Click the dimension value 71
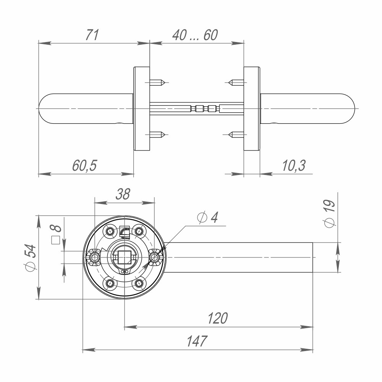[92, 35]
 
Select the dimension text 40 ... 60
[194, 35]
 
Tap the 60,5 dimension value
[85, 166]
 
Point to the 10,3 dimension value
[293, 166]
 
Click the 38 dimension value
[123, 194]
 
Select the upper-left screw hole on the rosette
[111, 231]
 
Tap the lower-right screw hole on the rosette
[139, 283]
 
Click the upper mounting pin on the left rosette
[157, 82]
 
